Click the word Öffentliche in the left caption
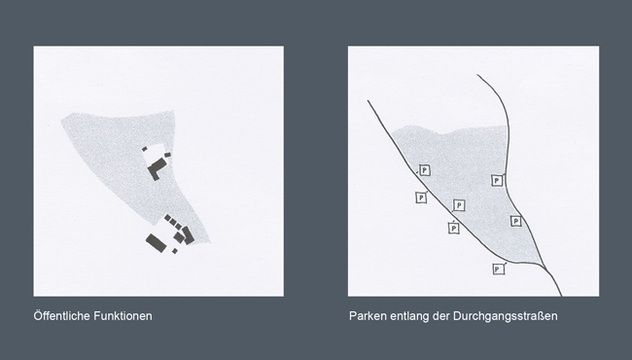coord(61,315)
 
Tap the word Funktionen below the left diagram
coord(123,315)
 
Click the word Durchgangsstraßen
coord(505,315)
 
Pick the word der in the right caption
coord(441,315)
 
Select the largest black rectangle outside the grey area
coord(156,243)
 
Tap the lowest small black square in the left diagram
coord(175,251)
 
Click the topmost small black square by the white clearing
coord(144,149)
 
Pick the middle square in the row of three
coord(173,221)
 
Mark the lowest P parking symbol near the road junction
coord(499,269)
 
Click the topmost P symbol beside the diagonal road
coord(424,170)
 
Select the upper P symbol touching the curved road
coord(498,181)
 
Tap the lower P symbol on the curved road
coord(516,221)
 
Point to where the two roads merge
coord(544,267)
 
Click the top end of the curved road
coord(477,75)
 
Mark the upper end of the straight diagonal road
coord(368,101)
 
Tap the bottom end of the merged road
coord(561,296)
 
